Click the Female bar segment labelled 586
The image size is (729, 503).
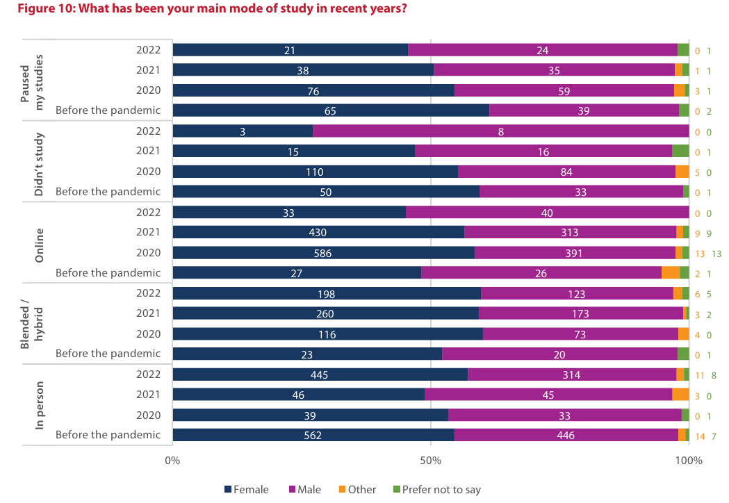tap(323, 253)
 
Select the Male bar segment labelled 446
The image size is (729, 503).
tap(566, 436)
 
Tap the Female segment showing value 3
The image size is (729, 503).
tap(243, 131)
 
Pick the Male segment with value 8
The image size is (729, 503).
tap(500, 131)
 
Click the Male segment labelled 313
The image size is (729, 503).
tap(570, 233)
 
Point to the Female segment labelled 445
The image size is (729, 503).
tap(320, 375)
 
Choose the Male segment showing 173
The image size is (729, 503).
tap(580, 314)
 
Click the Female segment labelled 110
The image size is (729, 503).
tap(315, 172)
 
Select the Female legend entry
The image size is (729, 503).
tap(246, 490)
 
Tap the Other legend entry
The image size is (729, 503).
tap(357, 490)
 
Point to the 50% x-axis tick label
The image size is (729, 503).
tap(431, 461)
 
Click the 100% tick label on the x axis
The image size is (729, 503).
tap(688, 461)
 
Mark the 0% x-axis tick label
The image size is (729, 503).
tap(172, 461)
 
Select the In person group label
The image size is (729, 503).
tap(40, 405)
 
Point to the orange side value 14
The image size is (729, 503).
tap(700, 436)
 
